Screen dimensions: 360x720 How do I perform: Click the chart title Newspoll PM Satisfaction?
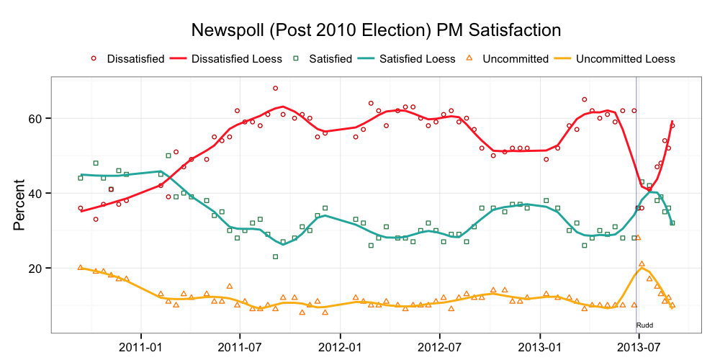(375, 30)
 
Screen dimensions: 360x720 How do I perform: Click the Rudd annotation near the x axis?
(645, 325)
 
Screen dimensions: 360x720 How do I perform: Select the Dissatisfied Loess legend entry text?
(236, 59)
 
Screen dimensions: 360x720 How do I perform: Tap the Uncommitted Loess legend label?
(626, 59)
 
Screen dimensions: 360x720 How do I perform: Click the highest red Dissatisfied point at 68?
(275, 88)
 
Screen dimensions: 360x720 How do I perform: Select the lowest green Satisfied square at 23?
(275, 256)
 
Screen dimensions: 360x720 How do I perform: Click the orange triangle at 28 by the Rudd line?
(638, 238)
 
